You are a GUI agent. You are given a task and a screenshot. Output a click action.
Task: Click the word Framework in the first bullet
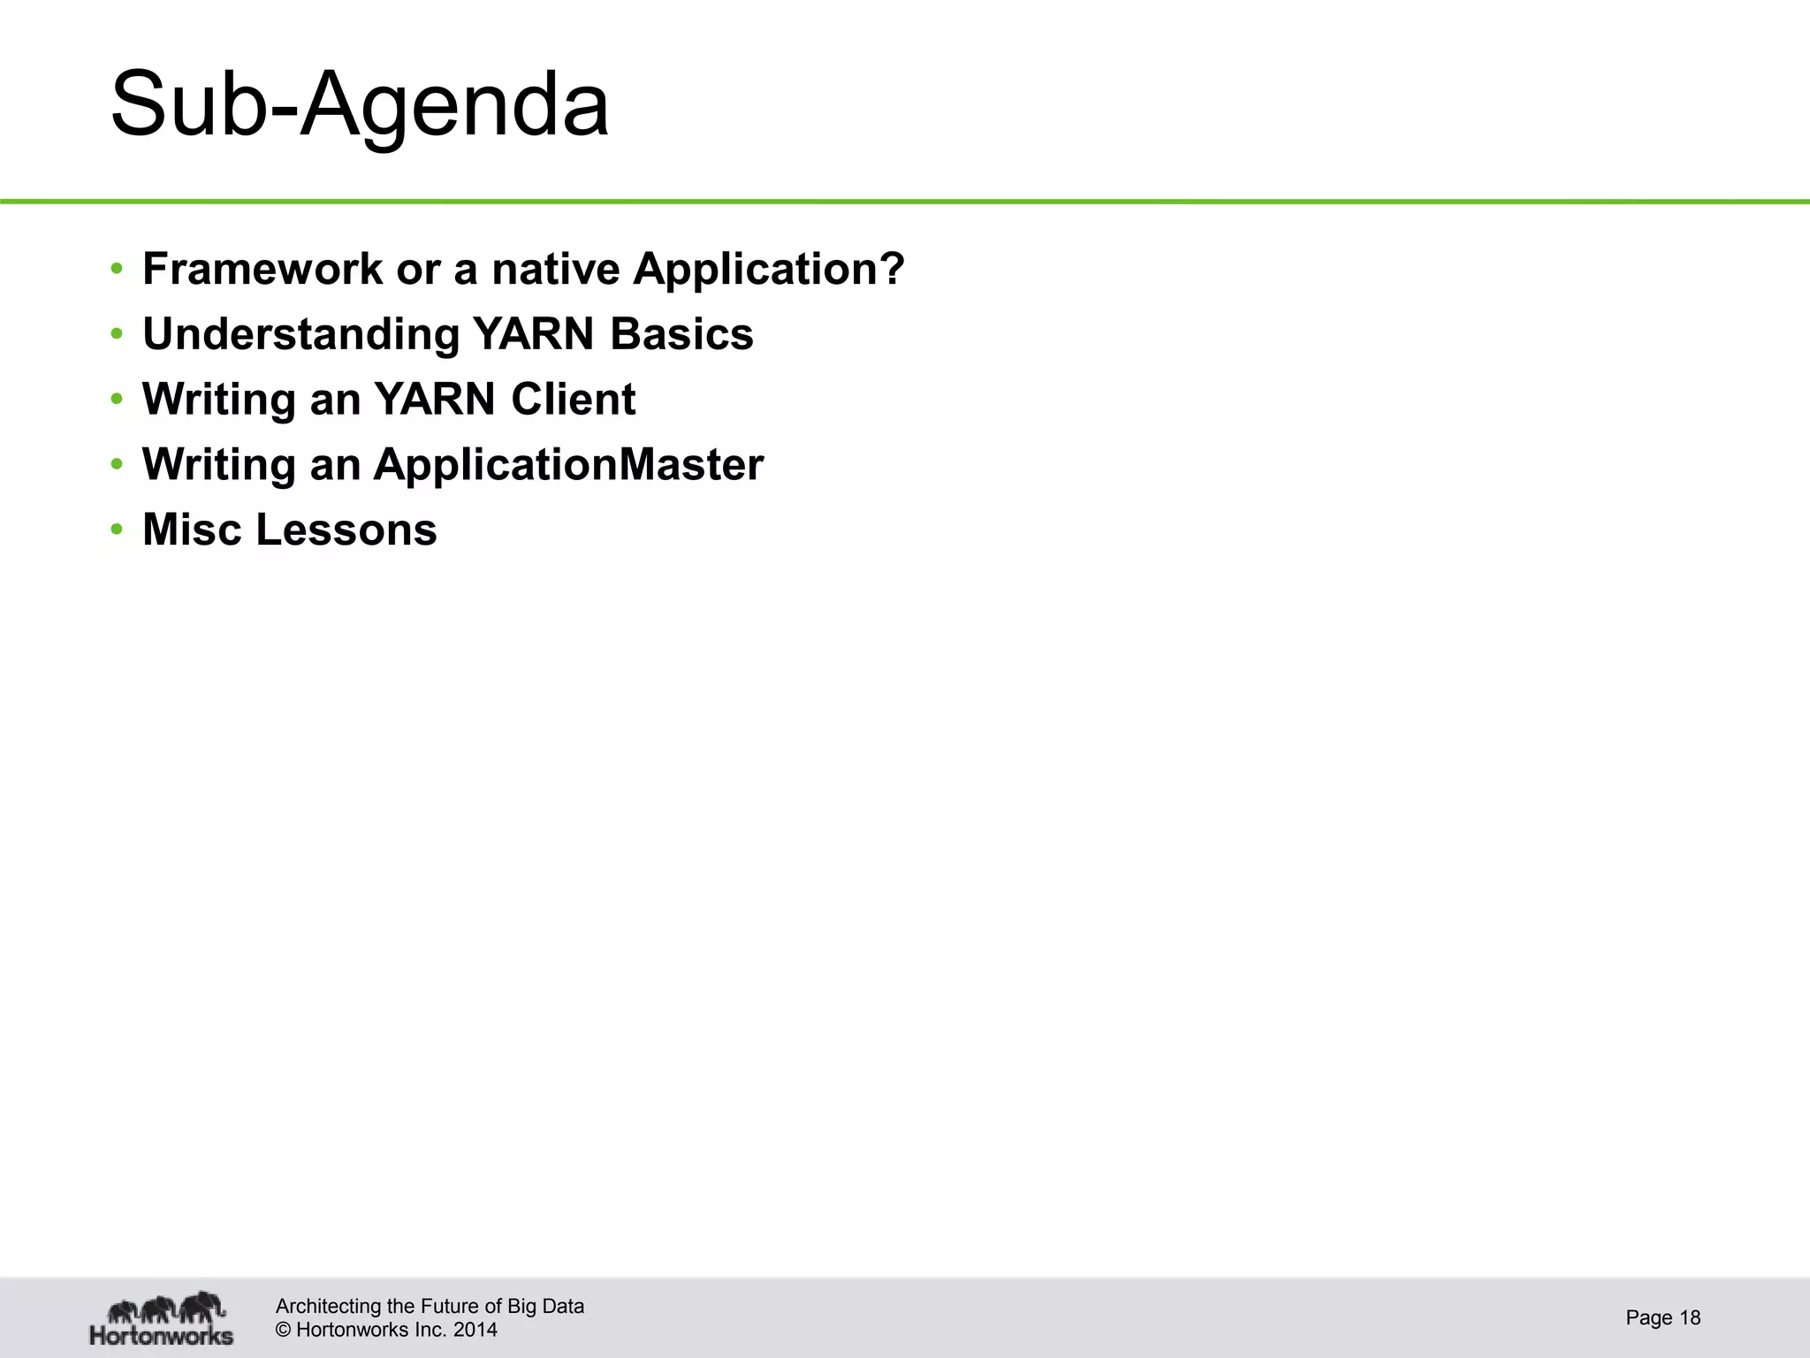262,269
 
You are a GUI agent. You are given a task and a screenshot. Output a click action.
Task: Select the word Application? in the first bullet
769,269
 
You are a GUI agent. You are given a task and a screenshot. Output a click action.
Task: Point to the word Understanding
300,334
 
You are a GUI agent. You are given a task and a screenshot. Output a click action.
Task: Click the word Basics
681,334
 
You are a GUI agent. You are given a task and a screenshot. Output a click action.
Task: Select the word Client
573,399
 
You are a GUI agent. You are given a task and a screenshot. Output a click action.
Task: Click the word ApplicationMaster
568,464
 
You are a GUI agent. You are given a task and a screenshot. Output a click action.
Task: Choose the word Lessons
346,530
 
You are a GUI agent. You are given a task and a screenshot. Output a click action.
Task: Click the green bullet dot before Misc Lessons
117,530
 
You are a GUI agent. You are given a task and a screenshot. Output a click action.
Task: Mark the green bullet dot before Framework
117,270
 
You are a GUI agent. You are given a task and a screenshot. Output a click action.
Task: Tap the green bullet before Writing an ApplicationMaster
117,465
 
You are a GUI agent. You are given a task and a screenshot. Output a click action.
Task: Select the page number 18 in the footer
1690,1318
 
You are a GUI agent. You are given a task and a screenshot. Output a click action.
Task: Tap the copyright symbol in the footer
284,1330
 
